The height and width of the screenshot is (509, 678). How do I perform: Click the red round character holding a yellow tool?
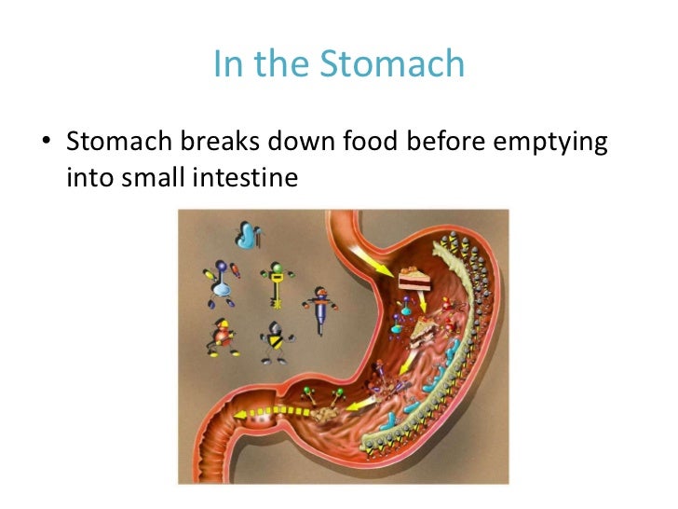click(224, 337)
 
